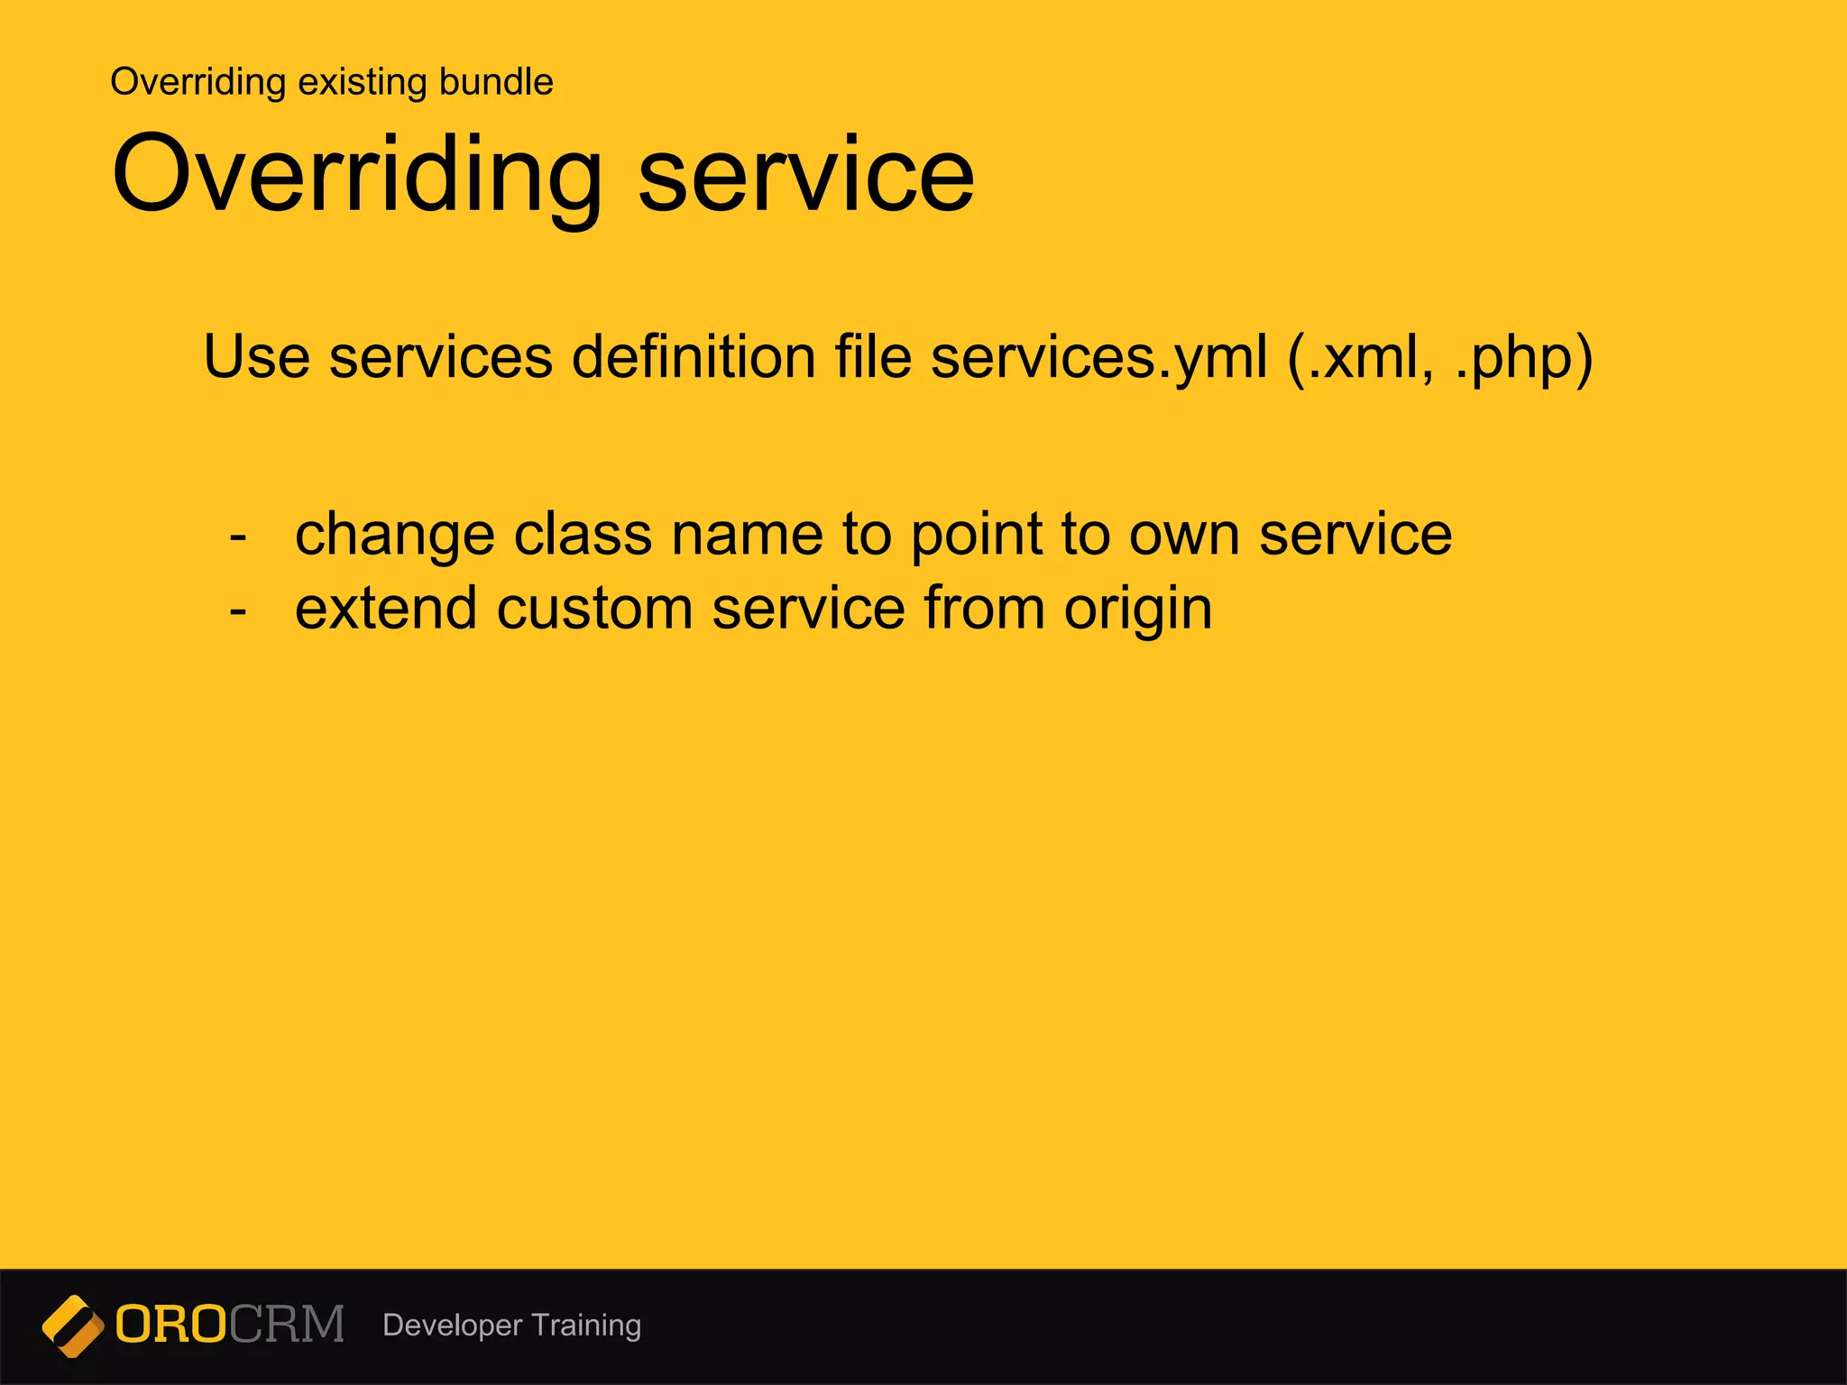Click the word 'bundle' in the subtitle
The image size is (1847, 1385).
495,82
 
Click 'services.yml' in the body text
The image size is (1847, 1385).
1098,357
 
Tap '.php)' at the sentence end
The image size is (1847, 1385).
1524,357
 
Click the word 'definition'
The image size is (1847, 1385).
694,357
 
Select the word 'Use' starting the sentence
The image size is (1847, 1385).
256,357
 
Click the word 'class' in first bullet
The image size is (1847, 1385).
582,534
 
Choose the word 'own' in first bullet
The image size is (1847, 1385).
1184,534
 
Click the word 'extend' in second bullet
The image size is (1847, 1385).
385,609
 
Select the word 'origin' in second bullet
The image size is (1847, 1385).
1137,609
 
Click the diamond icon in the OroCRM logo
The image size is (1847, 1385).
73,1325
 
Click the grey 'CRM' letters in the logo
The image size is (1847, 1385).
286,1325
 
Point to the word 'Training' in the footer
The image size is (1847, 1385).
586,1325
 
